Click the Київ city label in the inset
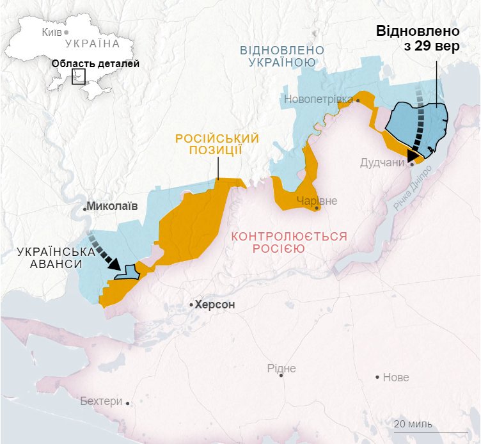pyautogui.click(x=51, y=32)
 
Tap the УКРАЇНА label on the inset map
pyautogui.click(x=92, y=44)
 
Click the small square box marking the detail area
pyautogui.click(x=79, y=77)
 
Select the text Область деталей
pyautogui.click(x=95, y=63)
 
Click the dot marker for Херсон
pyautogui.click(x=191, y=305)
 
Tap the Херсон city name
pyautogui.click(x=215, y=305)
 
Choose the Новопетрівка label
pyautogui.click(x=319, y=99)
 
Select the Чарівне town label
pyautogui.click(x=316, y=201)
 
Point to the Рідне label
pyautogui.click(x=281, y=368)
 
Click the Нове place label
pyautogui.click(x=395, y=377)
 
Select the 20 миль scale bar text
pyautogui.click(x=413, y=424)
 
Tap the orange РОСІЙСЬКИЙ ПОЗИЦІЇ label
pyautogui.click(x=217, y=144)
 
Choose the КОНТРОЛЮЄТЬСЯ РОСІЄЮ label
pyautogui.click(x=289, y=242)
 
